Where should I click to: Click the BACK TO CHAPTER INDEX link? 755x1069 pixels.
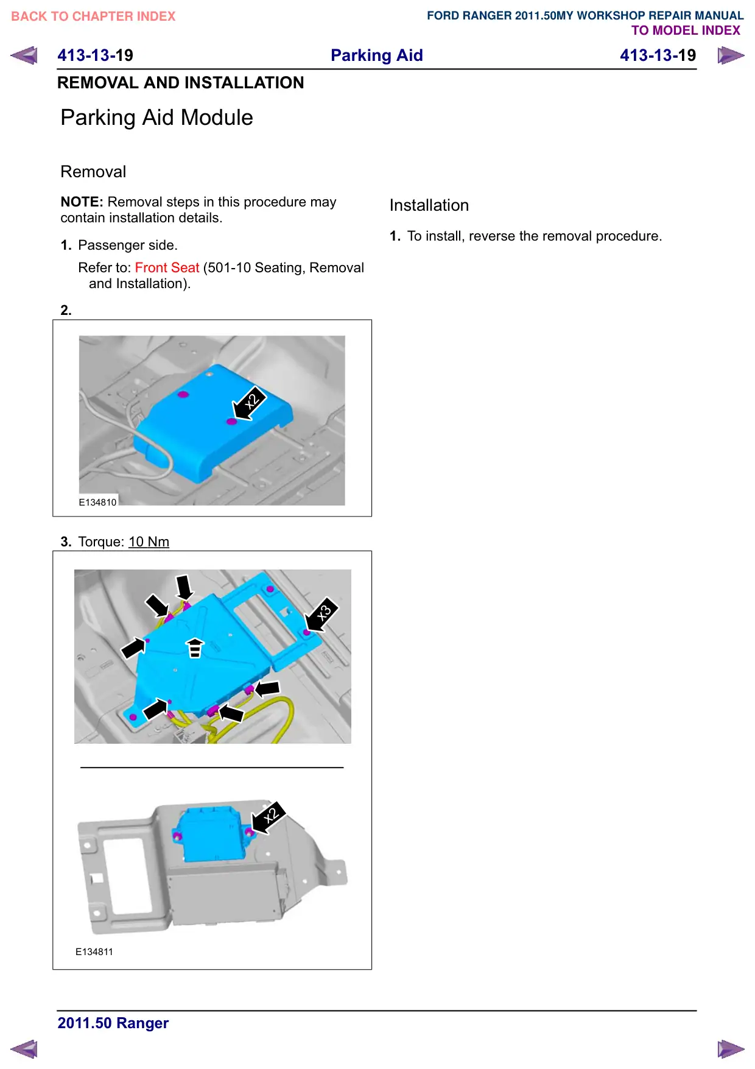pyautogui.click(x=93, y=16)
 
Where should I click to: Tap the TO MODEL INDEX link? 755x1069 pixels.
pyautogui.click(x=686, y=30)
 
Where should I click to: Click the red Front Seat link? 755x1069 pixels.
pyautogui.click(x=167, y=268)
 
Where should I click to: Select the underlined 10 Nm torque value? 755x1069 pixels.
pyautogui.click(x=149, y=542)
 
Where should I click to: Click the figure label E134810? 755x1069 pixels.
pyautogui.click(x=97, y=503)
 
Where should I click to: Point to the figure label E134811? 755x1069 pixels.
pyautogui.click(x=94, y=952)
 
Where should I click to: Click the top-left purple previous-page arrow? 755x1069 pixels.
pyautogui.click(x=24, y=55)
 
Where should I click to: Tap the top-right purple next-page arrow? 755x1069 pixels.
pyautogui.click(x=731, y=56)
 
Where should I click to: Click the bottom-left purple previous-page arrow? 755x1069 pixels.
pyautogui.click(x=24, y=1050)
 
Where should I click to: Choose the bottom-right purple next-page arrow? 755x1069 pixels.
pyautogui.click(x=731, y=1050)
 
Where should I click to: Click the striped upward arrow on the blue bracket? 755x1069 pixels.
pyautogui.click(x=195, y=648)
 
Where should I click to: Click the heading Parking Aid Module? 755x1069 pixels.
pyautogui.click(x=157, y=118)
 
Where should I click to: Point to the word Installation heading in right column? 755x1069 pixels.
pyautogui.click(x=429, y=205)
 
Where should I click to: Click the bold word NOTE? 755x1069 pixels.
pyautogui.click(x=82, y=202)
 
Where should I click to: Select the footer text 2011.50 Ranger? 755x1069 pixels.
pyautogui.click(x=113, y=1023)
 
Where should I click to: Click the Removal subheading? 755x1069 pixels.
pyautogui.click(x=93, y=172)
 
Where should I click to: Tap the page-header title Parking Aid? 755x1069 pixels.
pyautogui.click(x=377, y=55)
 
